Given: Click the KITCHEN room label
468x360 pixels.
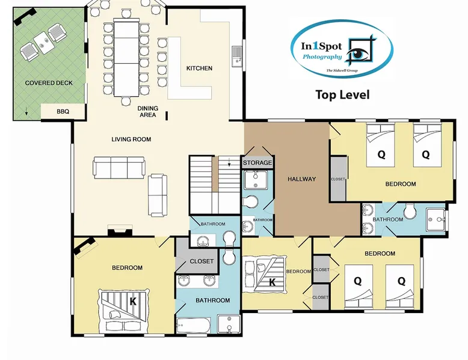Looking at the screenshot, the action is [x=199, y=69].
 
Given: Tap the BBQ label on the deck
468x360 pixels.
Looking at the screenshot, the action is [x=63, y=112].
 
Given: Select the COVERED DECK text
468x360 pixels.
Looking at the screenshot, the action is [x=49, y=83].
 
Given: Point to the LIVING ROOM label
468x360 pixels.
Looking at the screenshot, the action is [x=131, y=139].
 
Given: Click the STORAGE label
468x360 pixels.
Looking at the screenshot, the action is [x=257, y=163].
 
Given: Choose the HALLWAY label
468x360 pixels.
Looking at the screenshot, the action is [x=301, y=179].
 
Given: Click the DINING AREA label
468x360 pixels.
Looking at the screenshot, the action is [x=148, y=112].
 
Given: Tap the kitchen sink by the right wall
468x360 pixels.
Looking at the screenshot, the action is [x=237, y=56].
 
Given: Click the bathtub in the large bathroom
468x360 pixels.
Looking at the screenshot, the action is [x=194, y=325].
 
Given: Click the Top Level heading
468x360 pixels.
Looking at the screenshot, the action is [x=343, y=95].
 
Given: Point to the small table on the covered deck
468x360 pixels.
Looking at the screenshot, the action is [x=43, y=43].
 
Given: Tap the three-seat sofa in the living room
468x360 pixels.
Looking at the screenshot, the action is [x=119, y=168].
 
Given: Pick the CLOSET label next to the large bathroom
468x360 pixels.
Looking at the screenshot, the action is [x=202, y=261].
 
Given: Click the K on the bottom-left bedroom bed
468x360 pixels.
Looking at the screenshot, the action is [x=133, y=302].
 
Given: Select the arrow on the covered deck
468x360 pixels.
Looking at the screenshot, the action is [x=26, y=111].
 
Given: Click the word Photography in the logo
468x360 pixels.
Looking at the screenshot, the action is [x=322, y=57].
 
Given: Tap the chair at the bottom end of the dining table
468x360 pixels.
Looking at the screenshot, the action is [x=126, y=102].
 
